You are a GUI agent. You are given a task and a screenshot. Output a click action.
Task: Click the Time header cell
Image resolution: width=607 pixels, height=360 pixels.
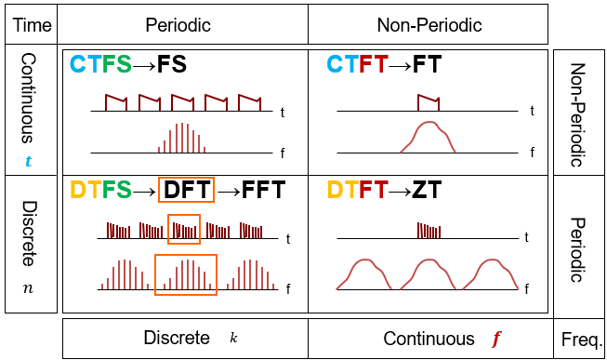click(x=31, y=24)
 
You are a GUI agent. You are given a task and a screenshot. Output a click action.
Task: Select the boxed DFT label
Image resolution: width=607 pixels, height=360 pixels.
click(x=186, y=190)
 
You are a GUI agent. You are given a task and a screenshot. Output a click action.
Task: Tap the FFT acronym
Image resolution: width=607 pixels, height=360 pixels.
click(x=264, y=190)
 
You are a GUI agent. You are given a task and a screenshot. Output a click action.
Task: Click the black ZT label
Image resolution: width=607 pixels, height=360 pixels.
click(x=427, y=190)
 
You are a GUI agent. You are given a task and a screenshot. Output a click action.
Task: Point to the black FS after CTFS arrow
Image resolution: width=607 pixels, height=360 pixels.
click(x=172, y=64)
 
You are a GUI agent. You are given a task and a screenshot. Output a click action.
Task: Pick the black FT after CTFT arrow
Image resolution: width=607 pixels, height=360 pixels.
click(x=427, y=64)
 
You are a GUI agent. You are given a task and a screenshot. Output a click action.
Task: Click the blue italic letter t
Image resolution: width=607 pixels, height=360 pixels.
click(x=28, y=160)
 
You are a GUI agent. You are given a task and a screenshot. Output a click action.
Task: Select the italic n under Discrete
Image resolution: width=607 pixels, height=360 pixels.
click(x=28, y=288)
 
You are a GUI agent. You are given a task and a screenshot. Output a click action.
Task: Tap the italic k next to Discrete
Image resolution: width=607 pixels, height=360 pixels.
click(x=233, y=338)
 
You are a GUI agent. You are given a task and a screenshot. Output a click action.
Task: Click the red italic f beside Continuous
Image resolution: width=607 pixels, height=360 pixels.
click(x=495, y=339)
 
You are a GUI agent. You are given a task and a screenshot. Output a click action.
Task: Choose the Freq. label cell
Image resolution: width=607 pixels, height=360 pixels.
click(x=579, y=339)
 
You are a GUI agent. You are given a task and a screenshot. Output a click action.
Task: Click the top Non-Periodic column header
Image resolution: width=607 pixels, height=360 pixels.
click(x=429, y=24)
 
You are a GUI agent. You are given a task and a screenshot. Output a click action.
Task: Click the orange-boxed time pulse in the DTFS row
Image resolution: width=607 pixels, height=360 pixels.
click(x=184, y=230)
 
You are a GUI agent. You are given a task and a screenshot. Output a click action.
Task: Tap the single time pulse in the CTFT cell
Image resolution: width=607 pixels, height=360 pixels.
click(x=429, y=102)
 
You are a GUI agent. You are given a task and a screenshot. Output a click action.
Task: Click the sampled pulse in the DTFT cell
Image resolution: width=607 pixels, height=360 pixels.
click(x=429, y=230)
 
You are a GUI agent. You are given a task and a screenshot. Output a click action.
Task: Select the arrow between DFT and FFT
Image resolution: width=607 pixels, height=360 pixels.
click(x=228, y=191)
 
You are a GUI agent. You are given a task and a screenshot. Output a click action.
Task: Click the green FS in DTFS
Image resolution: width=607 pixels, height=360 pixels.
click(x=116, y=190)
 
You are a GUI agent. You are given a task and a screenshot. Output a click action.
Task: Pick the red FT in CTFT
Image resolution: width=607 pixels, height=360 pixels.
click(x=374, y=64)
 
